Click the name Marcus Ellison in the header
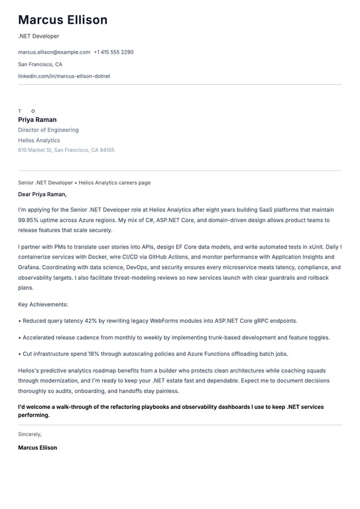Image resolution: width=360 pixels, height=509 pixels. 62,20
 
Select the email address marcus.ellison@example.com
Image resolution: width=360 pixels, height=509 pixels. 54,52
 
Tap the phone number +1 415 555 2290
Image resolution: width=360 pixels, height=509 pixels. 113,52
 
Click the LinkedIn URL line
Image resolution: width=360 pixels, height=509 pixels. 64,76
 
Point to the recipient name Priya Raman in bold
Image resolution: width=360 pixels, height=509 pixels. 37,120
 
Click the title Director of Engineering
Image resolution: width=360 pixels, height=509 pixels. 48,130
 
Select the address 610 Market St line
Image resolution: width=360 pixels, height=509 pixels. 66,150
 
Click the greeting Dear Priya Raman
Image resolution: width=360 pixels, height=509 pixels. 42,195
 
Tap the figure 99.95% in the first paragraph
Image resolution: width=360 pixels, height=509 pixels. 30,220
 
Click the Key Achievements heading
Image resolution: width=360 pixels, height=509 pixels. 43,304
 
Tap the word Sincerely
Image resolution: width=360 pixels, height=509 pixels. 30,434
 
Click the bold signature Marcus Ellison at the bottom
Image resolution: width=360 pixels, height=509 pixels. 37,448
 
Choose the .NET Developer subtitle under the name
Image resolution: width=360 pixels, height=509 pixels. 38,36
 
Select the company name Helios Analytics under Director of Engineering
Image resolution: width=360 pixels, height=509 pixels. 39,141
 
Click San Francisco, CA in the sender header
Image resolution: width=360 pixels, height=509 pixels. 40,64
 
